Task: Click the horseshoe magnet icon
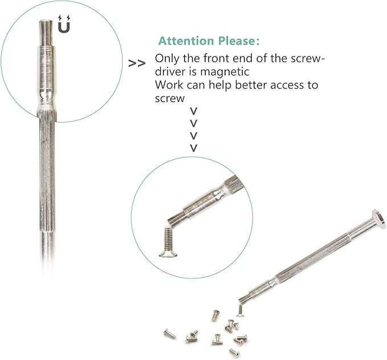point(64,25)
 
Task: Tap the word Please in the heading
point(236,41)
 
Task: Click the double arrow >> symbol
point(137,63)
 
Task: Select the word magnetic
point(225,72)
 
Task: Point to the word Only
point(168,59)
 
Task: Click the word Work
point(169,85)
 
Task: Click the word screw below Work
point(169,99)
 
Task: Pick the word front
point(214,59)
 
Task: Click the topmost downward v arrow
point(194,111)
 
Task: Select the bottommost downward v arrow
point(194,148)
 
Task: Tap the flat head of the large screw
point(168,254)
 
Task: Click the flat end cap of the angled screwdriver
point(379,219)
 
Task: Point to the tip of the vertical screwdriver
point(46,22)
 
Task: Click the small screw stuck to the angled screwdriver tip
point(240,310)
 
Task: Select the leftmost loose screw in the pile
point(169,334)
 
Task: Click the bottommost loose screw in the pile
point(234,353)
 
